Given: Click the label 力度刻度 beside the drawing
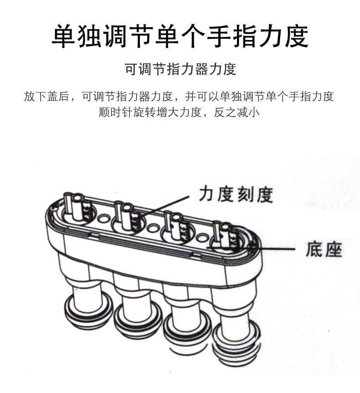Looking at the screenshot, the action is (x=236, y=194).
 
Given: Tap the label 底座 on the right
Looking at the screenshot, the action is (x=324, y=249).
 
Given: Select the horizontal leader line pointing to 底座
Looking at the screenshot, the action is (x=251, y=248).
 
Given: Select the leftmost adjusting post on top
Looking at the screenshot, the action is (x=77, y=207).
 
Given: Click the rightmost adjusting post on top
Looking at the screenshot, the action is (x=225, y=235).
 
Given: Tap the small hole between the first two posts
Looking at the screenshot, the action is (x=103, y=218).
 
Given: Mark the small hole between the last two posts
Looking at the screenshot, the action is (x=202, y=237).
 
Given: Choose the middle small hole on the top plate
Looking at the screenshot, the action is (x=152, y=228).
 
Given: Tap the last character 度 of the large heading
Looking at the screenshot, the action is (x=296, y=36).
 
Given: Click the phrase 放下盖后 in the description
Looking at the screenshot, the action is (x=46, y=97).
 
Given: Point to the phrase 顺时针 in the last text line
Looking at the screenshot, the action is (x=115, y=112).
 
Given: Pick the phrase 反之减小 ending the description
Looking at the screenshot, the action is (x=237, y=112).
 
